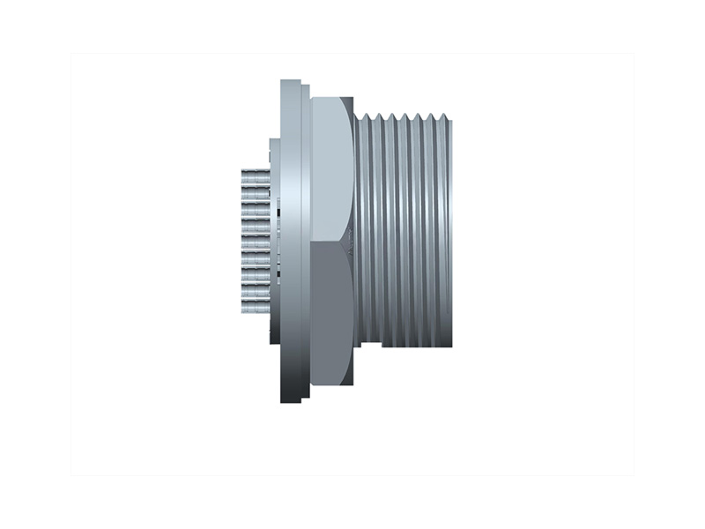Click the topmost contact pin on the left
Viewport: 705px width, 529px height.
(255, 175)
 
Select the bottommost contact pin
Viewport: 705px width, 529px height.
(255, 307)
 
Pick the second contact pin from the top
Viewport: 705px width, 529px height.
(255, 190)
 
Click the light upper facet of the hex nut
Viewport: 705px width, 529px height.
(331, 168)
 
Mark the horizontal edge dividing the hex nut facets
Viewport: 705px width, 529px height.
(331, 241)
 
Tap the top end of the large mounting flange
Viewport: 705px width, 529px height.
(291, 83)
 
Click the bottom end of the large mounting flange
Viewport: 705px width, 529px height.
(291, 399)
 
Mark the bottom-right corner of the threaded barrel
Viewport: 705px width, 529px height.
(451, 346)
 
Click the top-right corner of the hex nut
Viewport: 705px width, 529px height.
(352, 99)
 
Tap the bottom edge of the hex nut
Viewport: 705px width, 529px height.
(331, 385)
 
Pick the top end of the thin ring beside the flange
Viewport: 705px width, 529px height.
(306, 87)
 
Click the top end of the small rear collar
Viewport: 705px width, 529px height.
(274, 141)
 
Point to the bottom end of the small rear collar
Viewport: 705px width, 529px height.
(274, 341)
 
